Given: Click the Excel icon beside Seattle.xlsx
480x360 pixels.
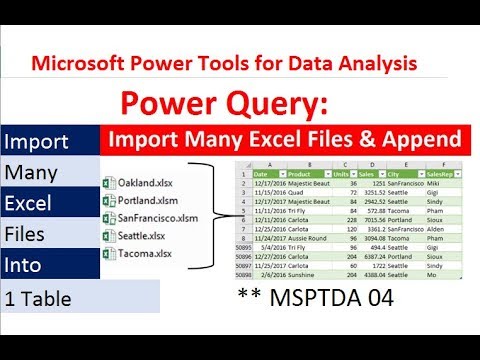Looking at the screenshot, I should [109, 236].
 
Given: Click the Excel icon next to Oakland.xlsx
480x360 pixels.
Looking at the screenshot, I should [109, 183].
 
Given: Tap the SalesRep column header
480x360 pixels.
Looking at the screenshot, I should [441, 172].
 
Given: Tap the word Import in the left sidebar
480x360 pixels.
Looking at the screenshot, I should [37, 139].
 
